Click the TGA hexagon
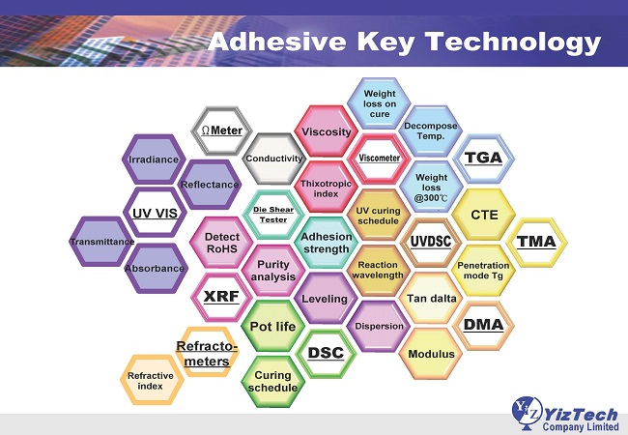coord(483,159)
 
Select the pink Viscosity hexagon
coord(326,131)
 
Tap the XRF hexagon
coord(221,297)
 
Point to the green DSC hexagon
coord(326,353)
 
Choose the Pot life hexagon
coord(272,326)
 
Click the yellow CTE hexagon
coord(483,215)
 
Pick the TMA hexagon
coord(536,242)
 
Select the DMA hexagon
coord(483,325)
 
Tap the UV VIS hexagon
coord(155,213)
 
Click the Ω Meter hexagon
coord(221,130)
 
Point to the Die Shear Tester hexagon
coord(273,215)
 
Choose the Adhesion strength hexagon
coord(326,243)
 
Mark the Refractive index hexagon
coord(151,380)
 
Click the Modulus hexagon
coord(431,354)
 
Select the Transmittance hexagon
coord(101,242)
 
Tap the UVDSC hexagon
coord(431,242)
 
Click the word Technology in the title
coord(513,43)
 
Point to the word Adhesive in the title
coord(277,42)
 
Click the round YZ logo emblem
coord(527,412)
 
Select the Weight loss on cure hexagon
coord(380,103)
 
